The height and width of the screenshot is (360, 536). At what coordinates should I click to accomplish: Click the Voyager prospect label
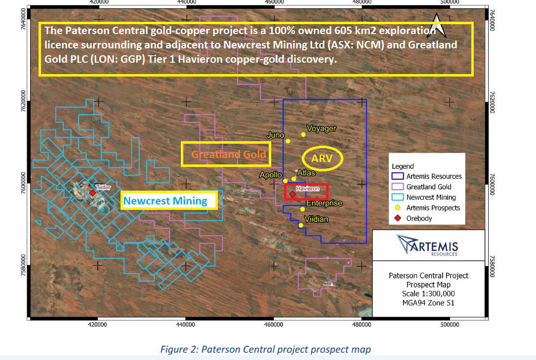coord(321,129)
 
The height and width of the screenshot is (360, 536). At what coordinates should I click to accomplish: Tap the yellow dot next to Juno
coord(288,141)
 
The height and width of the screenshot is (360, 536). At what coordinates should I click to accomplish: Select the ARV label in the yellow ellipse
coord(322,159)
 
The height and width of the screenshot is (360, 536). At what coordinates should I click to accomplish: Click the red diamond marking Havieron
coord(292,194)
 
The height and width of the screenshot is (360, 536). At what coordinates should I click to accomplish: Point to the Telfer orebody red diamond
coord(92,193)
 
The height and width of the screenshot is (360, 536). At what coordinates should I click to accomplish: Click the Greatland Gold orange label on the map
coord(229,155)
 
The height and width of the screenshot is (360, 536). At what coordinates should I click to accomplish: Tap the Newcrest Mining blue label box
coord(169,200)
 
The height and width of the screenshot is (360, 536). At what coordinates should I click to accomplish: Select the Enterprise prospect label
coord(324,203)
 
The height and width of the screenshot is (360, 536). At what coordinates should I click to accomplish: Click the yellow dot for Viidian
coord(301,225)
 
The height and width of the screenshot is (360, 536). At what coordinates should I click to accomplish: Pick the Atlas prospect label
coord(306,173)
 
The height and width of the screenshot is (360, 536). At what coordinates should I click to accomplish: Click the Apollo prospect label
coord(270,175)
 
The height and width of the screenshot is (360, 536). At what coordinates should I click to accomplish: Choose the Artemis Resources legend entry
coord(427,176)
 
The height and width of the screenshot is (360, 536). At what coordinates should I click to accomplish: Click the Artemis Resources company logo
coord(428,245)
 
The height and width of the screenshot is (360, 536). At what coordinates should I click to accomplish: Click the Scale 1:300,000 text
coord(428,294)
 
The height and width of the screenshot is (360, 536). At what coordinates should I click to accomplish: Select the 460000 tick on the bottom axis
coord(274,324)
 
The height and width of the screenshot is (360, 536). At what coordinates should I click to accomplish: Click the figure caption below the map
coord(266,350)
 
